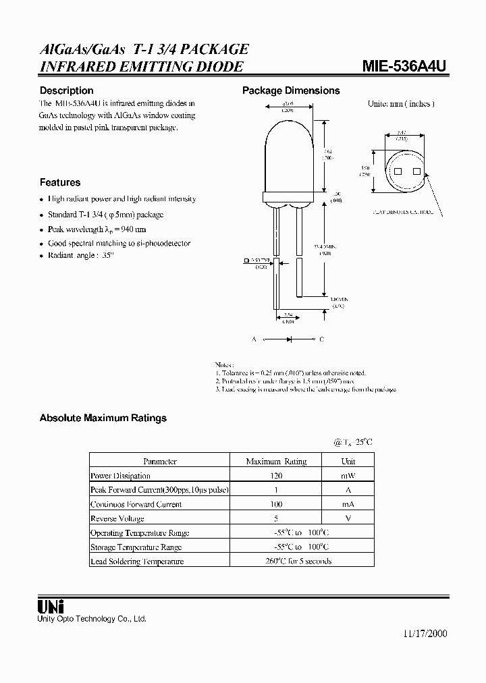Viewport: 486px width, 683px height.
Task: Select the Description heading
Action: [x=66, y=90]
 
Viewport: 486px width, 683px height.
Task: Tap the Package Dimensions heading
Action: [x=291, y=90]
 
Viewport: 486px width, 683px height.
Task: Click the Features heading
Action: [x=59, y=182]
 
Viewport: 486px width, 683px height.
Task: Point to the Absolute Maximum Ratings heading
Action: [x=103, y=418]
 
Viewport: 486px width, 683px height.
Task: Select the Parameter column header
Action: [x=161, y=462]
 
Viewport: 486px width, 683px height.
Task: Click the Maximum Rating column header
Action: [x=276, y=462]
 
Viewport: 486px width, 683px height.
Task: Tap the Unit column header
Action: [x=348, y=462]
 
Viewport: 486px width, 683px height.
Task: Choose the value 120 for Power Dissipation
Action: [x=276, y=476]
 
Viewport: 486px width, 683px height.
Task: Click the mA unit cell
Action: [x=348, y=504]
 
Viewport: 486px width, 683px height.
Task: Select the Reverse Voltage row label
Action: [x=117, y=518]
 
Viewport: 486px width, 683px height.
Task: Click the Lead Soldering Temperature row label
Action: [x=136, y=561]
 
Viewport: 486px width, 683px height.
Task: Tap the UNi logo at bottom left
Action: [x=46, y=605]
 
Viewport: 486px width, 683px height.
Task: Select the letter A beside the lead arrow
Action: [x=254, y=339]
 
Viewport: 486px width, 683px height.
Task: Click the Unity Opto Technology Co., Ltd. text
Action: [x=91, y=619]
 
